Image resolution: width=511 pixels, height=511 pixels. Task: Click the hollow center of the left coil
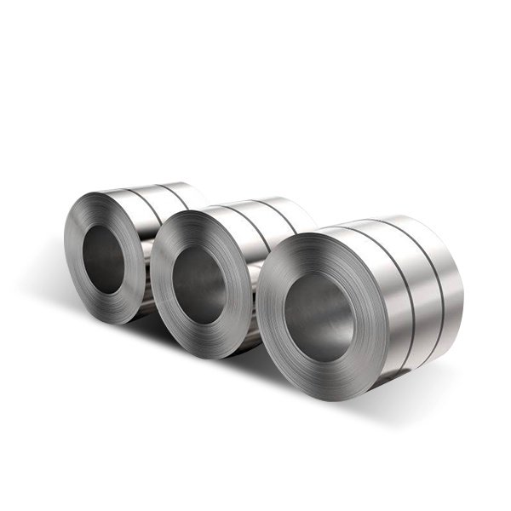point(105,258)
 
